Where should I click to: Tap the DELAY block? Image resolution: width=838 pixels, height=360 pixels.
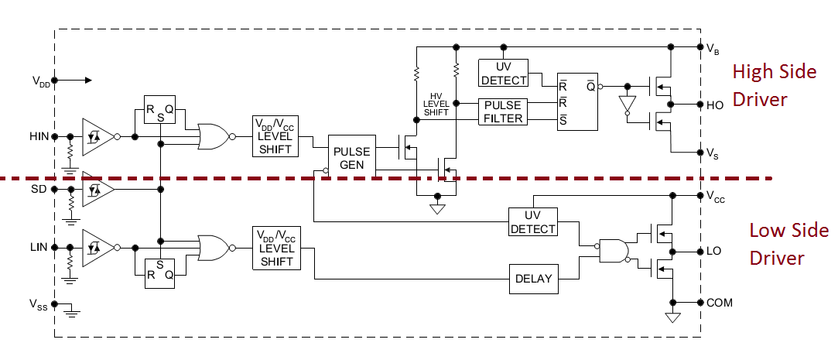[534, 279]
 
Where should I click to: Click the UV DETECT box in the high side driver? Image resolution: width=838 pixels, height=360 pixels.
[503, 74]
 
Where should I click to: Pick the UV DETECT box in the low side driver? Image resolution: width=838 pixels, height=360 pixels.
[532, 222]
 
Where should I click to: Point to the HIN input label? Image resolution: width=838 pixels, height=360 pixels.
[39, 136]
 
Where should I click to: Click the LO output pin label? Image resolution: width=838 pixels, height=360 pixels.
[714, 252]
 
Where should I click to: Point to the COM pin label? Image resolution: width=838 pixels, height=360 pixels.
[719, 302]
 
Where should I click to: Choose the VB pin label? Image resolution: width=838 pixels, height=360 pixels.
[713, 48]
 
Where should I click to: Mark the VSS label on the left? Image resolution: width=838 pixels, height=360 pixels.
[39, 303]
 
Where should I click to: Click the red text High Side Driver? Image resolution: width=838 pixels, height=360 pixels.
[774, 85]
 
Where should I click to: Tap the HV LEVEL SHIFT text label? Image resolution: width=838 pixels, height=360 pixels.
[436, 103]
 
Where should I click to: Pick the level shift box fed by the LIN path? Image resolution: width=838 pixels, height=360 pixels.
[275, 248]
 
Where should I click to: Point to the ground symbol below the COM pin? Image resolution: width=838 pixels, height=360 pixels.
[672, 317]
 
